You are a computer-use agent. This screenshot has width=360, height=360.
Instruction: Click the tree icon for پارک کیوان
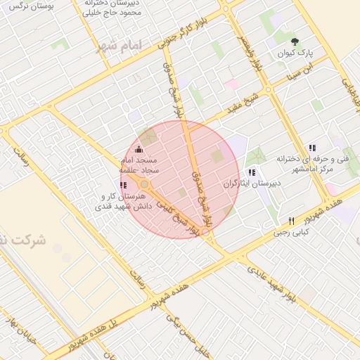295,41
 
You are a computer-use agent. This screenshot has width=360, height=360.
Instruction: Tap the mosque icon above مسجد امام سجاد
138,149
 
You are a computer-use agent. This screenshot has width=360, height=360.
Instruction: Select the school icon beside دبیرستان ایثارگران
252,172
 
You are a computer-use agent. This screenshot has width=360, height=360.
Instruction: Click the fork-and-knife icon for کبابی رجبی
292,220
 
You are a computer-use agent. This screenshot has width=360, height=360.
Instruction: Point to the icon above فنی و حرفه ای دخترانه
312,148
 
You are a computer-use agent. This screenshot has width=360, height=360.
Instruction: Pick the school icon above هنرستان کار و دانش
124,185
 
